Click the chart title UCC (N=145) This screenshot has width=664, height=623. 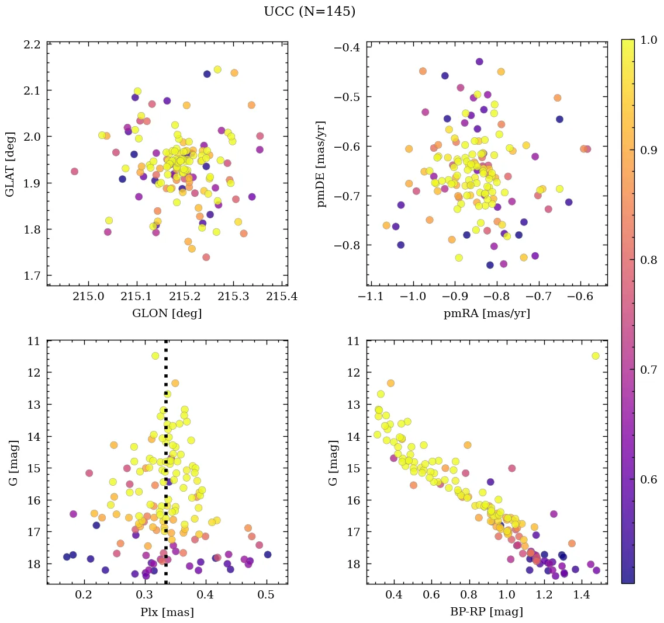[x=309, y=12]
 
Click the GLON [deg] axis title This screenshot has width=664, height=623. [x=167, y=314]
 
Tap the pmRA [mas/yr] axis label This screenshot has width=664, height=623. [x=487, y=314]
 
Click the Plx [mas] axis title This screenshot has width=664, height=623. [x=167, y=612]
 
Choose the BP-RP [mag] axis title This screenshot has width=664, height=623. [x=487, y=612]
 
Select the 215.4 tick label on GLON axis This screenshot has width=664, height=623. [x=282, y=297]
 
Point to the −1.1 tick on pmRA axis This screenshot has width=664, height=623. [x=371, y=297]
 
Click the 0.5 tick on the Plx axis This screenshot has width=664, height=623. [x=267, y=595]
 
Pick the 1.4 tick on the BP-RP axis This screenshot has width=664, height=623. [x=581, y=595]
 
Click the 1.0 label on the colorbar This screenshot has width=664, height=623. [x=649, y=40]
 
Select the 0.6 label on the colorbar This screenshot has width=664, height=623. [x=649, y=479]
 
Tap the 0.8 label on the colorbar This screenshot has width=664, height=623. [x=649, y=259]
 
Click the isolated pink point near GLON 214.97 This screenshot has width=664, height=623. [x=74, y=171]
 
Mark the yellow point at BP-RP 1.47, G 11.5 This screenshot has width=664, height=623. [x=595, y=356]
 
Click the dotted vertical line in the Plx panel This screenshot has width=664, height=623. [x=166, y=467]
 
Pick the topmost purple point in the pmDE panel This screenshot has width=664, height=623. [x=479, y=61]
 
